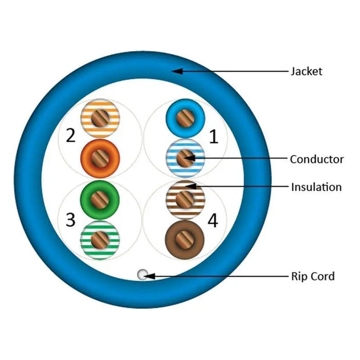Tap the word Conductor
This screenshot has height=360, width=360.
tap(316, 159)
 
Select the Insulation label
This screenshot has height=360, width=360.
tap(316, 187)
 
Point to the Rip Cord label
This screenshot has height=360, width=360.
tap(313, 276)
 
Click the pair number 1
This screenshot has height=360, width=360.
tap(213, 136)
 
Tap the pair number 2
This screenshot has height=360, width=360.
tap(71, 136)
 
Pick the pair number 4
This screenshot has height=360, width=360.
tap(212, 221)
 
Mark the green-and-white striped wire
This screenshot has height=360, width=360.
tap(101, 238)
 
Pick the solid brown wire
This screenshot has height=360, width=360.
tap(185, 238)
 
